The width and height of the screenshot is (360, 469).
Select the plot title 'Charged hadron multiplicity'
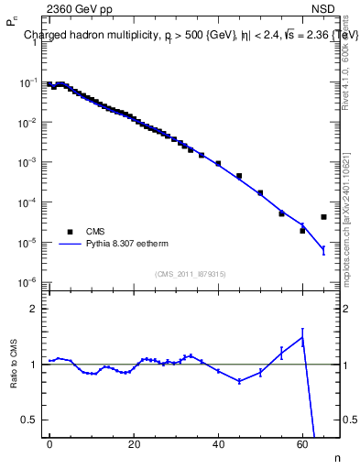[92, 36]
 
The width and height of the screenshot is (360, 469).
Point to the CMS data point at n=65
[323, 217]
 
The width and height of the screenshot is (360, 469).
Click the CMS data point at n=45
[239, 176]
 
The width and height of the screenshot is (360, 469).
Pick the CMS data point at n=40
[218, 163]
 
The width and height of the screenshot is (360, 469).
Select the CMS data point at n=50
[260, 192]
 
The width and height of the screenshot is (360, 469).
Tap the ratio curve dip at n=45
[239, 381]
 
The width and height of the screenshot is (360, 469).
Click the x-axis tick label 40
[218, 443]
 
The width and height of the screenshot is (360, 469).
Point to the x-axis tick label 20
[134, 443]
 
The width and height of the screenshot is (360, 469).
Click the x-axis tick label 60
[302, 443]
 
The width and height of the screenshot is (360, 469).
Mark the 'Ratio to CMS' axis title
[14, 364]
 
